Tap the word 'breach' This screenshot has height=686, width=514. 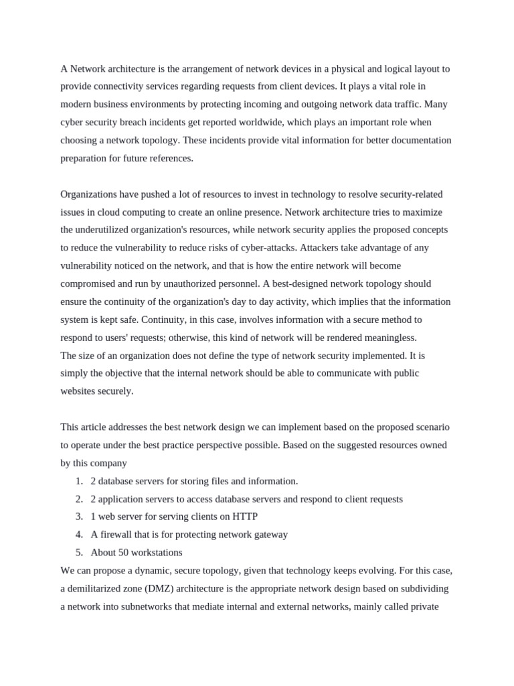coord(155,122)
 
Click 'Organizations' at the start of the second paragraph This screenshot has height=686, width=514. coord(90,194)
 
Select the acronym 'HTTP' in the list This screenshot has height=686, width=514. coord(244,517)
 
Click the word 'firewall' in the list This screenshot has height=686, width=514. coord(118,535)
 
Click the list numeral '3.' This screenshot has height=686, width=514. coord(79,517)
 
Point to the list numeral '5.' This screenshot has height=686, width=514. coord(79,553)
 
